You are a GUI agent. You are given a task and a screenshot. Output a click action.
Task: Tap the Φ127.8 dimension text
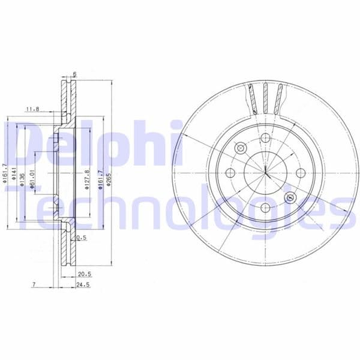pos(86,179)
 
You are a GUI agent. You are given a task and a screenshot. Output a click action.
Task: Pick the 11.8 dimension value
pos(32,109)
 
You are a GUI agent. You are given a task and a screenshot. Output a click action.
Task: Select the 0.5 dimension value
pos(82,238)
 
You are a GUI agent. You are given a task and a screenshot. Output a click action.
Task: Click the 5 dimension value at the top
pos(74,74)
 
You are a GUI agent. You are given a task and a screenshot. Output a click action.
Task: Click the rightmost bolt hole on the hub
pos(299,173)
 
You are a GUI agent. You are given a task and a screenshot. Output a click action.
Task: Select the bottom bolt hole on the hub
pos(265,208)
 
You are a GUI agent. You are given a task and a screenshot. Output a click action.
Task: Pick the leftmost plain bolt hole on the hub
pos(230,173)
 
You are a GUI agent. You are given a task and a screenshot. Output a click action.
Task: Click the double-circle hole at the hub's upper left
pos(240,148)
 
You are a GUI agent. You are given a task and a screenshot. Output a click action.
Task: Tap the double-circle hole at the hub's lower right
pos(290,197)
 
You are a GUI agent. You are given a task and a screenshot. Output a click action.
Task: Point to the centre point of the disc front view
pos(265,173)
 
